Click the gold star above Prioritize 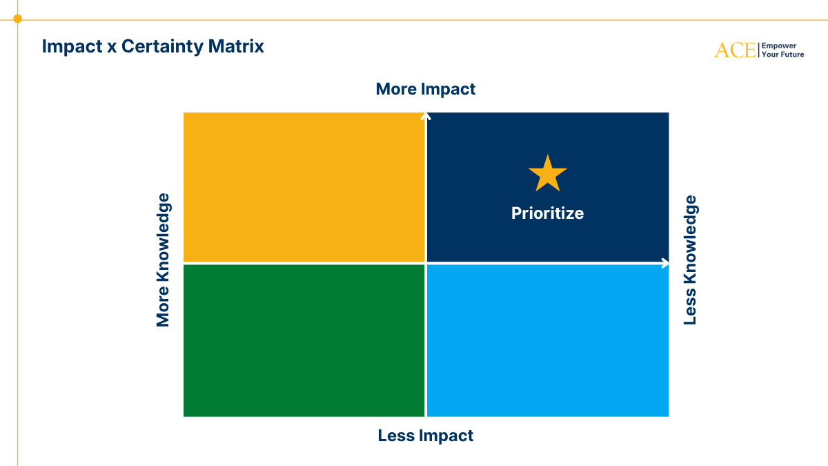click(547, 174)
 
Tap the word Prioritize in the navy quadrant click(547, 213)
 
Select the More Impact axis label click(426, 89)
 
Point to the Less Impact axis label click(426, 436)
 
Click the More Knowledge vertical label click(163, 260)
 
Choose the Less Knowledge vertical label click(690, 260)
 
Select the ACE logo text click(735, 50)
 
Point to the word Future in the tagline click(791, 55)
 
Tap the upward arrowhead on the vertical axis click(426, 117)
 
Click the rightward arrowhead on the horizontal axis click(665, 263)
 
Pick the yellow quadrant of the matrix click(304, 187)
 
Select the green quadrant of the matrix click(304, 340)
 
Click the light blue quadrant click(548, 340)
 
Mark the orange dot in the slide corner click(17, 19)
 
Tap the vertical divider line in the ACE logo click(758, 50)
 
